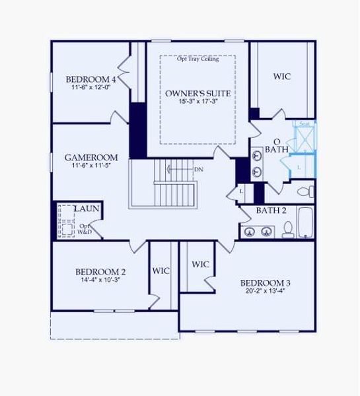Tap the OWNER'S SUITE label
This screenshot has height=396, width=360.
198,93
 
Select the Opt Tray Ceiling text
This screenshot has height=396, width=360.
198,59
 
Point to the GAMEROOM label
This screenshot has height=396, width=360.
91,158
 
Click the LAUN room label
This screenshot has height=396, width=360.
87,209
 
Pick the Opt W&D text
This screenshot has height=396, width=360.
85,229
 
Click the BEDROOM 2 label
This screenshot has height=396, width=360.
100,271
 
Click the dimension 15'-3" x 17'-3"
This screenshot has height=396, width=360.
198,102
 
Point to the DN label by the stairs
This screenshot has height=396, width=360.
198,170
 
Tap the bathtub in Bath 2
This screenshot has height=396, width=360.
306,223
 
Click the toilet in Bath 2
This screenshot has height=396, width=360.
288,229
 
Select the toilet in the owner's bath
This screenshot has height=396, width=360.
305,192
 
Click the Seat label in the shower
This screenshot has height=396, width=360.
305,124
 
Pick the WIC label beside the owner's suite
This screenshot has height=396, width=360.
282,77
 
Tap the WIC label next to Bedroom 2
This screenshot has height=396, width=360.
162,271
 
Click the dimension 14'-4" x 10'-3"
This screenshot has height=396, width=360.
100,280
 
